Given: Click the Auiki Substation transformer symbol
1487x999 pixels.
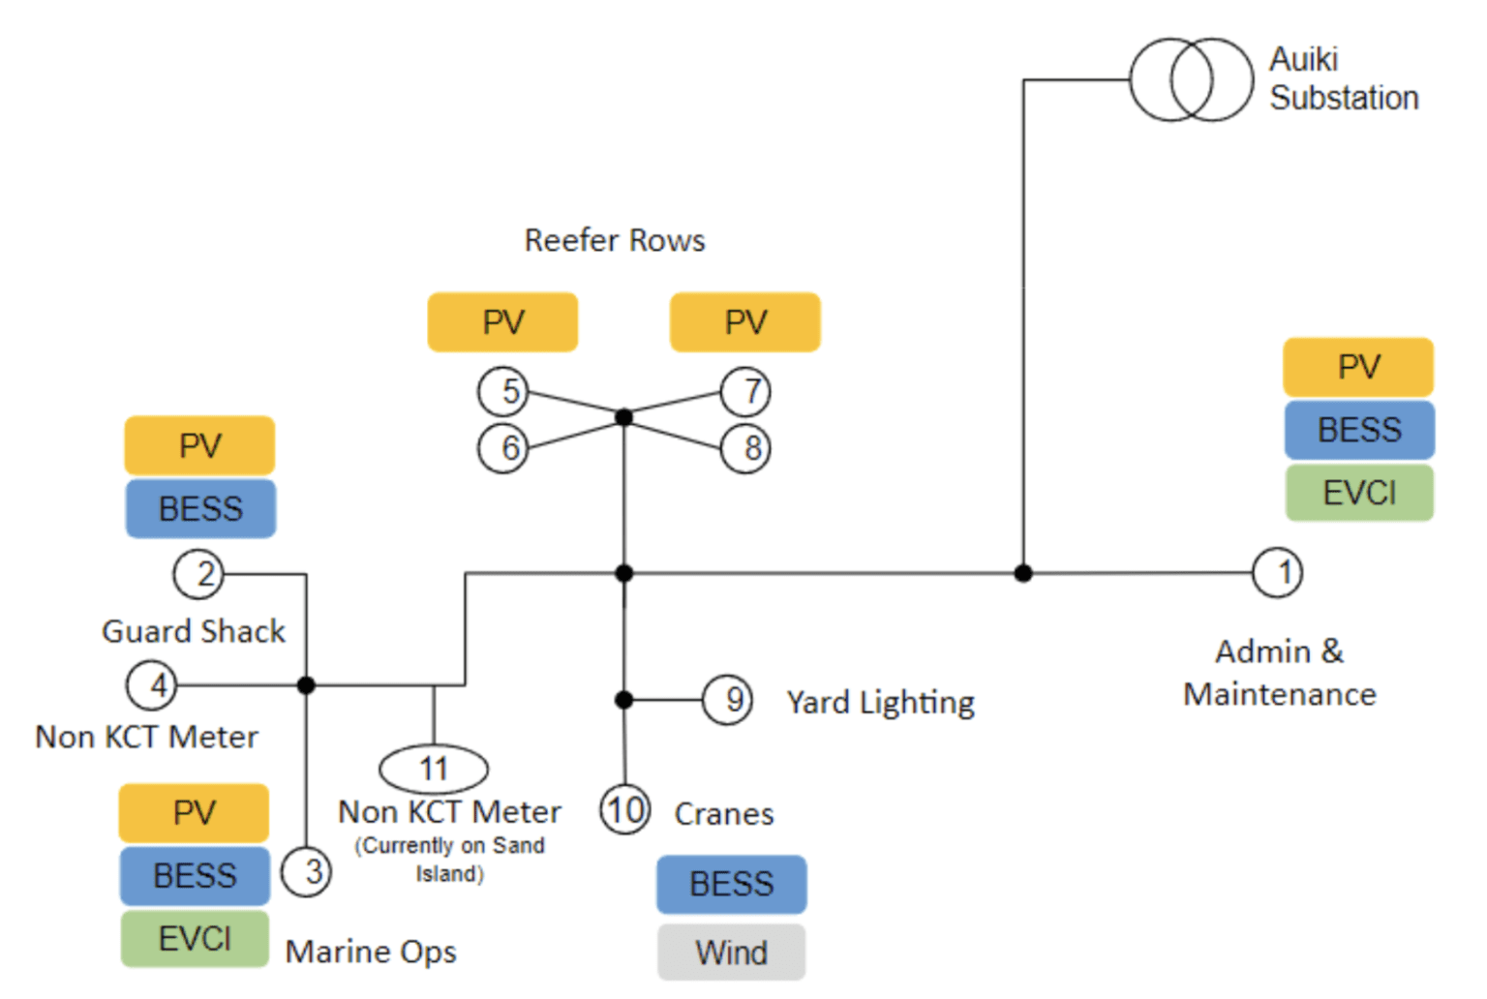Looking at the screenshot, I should click(1191, 79).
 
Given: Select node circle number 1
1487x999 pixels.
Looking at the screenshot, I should click(1277, 572).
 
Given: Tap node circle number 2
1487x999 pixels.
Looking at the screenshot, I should click(198, 574).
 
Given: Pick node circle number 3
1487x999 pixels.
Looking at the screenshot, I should click(306, 871).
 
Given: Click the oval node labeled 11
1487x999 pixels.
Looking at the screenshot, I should click(434, 769).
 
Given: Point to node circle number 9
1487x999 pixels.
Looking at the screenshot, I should click(728, 699).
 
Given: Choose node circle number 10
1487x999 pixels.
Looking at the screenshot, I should click(625, 809).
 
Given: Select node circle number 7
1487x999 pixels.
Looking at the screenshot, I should click(746, 392).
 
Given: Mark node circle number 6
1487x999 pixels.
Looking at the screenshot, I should click(503, 448).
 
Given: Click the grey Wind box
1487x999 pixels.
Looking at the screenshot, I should click(731, 953).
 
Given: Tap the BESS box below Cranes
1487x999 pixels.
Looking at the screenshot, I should click(731, 884).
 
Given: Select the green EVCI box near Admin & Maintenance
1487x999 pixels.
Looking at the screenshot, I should click(1359, 493).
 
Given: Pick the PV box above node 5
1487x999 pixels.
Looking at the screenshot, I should click(502, 322).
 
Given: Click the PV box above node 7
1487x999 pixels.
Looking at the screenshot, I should click(745, 322).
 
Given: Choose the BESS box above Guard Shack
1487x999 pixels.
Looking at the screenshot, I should click(200, 508).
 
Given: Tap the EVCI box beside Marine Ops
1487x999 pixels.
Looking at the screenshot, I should click(195, 938).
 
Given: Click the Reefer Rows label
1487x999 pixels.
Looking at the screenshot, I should click(615, 240).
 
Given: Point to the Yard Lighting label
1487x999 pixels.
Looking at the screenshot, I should click(880, 702).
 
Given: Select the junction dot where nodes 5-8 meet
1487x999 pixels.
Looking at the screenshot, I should click(624, 417).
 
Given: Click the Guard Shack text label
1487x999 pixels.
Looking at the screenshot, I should click(194, 631).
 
